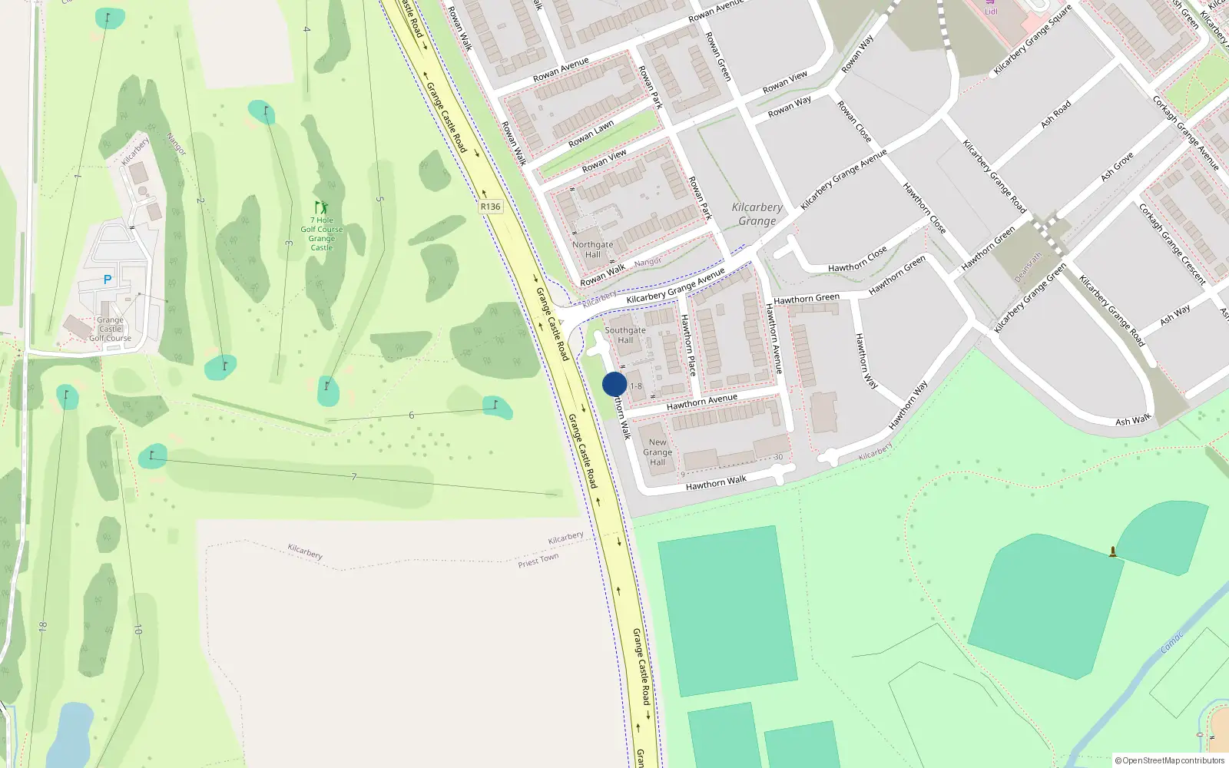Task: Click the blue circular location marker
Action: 614,384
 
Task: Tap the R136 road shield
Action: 490,207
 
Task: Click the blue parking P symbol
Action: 108,280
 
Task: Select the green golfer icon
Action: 321,207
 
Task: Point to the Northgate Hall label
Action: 593,250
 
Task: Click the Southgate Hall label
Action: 625,335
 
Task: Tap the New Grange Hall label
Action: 658,452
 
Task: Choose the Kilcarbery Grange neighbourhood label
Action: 757,214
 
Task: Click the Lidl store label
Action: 991,11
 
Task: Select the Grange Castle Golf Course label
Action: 110,329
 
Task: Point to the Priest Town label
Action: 538,560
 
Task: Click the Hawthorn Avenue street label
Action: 702,399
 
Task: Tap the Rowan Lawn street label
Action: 591,134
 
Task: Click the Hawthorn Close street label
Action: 857,260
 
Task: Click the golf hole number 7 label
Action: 354,477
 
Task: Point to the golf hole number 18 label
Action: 42,627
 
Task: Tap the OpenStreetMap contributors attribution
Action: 1170,760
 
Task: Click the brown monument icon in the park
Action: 1112,551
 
